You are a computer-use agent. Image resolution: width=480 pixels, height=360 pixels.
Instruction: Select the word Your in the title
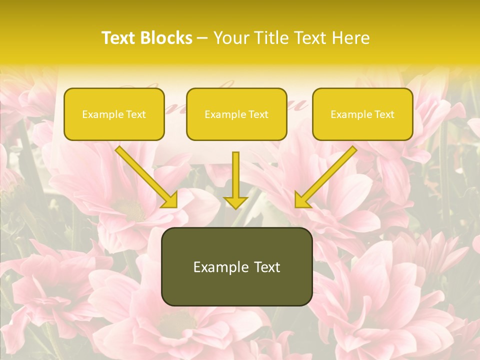[230, 38]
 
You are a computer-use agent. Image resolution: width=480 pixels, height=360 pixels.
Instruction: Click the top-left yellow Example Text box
[114, 114]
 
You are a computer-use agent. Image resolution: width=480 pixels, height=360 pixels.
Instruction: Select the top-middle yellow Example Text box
[236, 114]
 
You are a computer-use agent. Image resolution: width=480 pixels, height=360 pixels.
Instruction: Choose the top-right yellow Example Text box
[362, 114]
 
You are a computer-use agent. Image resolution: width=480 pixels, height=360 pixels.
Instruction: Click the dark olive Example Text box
[236, 266]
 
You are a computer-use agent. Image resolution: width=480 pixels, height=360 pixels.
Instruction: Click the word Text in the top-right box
[384, 114]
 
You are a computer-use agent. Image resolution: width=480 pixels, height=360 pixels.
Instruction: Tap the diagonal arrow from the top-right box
[327, 175]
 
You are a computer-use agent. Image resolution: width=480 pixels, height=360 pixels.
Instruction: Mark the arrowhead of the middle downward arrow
[236, 202]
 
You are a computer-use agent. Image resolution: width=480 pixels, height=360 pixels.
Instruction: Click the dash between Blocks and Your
[203, 38]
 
